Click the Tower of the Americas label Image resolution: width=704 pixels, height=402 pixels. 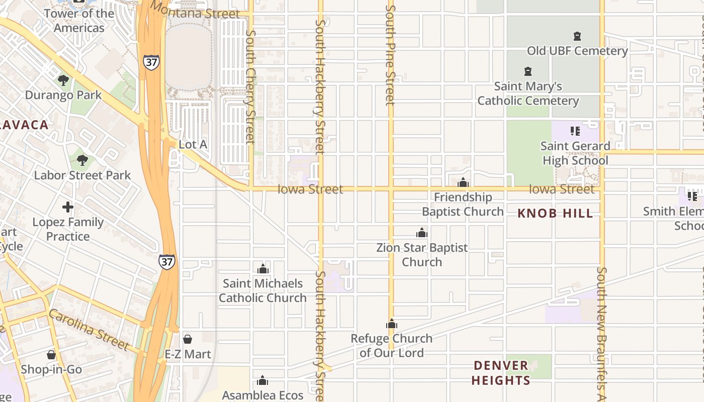(x=79, y=21)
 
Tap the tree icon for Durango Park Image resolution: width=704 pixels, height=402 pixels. (x=63, y=80)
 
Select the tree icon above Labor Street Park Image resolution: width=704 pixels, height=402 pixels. (x=82, y=161)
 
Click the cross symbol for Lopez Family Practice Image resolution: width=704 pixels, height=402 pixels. (x=68, y=207)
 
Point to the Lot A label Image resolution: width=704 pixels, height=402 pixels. (x=193, y=144)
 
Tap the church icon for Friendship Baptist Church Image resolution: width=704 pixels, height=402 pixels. (x=463, y=182)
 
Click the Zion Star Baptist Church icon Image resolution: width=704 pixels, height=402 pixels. (x=422, y=233)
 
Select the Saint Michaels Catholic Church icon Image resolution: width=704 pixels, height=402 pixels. (x=262, y=269)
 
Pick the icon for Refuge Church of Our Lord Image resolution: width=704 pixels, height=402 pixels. (x=392, y=324)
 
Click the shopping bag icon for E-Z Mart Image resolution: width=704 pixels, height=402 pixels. (x=188, y=339)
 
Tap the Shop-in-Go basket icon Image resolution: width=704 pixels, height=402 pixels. (x=51, y=355)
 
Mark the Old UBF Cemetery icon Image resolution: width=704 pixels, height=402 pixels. (x=577, y=36)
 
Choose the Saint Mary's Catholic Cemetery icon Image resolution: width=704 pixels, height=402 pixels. (x=528, y=71)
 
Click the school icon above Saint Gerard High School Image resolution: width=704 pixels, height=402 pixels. (x=575, y=131)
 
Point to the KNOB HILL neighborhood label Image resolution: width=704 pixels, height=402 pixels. (x=555, y=213)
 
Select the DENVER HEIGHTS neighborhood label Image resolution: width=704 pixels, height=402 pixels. (x=501, y=373)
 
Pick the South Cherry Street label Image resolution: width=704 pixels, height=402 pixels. (x=250, y=85)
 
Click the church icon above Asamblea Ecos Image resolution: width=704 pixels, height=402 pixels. (x=262, y=380)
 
